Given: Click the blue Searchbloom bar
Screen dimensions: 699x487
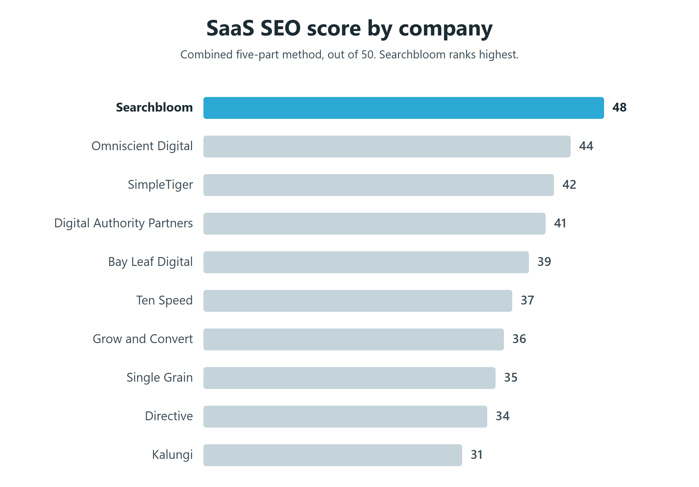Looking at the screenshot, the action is tap(403, 108).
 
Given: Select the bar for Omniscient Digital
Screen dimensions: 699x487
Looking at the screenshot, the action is tap(387, 147).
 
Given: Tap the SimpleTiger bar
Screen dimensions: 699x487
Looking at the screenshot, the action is tap(378, 185).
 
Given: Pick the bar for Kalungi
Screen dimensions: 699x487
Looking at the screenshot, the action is tap(333, 455).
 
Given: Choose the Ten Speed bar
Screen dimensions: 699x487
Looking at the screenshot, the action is tap(358, 301).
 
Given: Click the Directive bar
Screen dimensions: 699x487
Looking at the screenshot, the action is tap(345, 416).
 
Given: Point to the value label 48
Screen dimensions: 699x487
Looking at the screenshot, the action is tap(619, 107).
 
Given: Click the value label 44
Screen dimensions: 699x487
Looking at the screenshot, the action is tap(586, 146).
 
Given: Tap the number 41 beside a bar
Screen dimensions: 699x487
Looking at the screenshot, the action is tap(560, 223).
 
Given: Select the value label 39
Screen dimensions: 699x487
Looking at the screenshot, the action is tap(544, 262).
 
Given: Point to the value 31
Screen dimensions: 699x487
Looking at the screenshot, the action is tap(477, 455).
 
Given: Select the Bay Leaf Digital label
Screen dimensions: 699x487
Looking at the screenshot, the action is tap(150, 262).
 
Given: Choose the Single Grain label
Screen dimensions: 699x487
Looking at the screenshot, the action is tap(160, 378).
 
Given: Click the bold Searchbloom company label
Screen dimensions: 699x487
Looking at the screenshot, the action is tap(154, 107).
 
